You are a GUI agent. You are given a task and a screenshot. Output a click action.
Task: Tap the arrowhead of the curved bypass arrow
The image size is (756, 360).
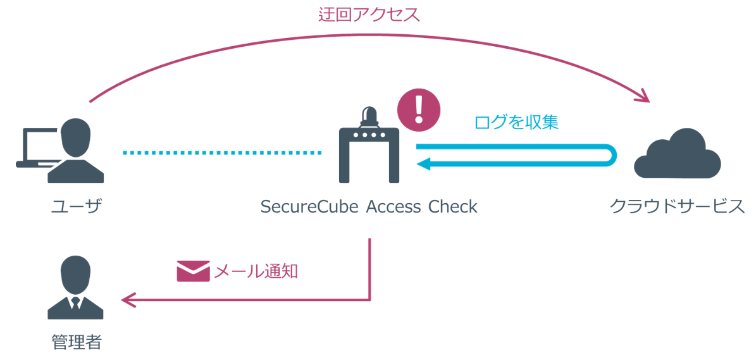(x=643, y=97)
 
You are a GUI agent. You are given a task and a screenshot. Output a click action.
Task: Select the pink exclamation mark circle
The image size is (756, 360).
(x=418, y=108)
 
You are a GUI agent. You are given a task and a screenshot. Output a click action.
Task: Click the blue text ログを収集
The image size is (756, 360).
(x=516, y=122)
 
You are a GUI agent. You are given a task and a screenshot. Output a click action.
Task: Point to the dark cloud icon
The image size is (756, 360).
(x=677, y=154)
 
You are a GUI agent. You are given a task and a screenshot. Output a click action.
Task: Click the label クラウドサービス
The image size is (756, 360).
(x=676, y=207)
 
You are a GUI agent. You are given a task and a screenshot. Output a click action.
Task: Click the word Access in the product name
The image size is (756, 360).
(x=393, y=207)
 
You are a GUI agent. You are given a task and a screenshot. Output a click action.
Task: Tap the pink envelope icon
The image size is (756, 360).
(x=192, y=271)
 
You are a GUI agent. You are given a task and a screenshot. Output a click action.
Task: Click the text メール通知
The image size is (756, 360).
(x=256, y=272)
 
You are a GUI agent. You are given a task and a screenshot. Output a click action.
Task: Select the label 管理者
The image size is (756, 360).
(x=76, y=343)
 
